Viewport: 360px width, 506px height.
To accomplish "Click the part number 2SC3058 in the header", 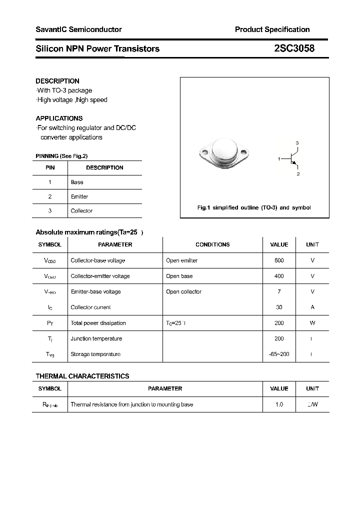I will point(294,48).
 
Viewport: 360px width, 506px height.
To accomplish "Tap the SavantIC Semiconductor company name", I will point(78,29).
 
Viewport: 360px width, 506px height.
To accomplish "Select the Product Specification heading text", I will point(272,29).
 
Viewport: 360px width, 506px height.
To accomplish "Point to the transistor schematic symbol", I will point(293,159).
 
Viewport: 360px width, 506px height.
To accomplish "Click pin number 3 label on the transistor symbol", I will point(297,143).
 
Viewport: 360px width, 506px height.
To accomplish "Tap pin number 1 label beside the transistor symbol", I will point(279,158).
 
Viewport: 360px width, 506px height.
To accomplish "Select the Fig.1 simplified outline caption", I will point(254,207).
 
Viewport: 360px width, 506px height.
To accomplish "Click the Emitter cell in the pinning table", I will point(79,196).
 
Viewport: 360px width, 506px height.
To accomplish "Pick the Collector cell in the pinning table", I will point(81,211).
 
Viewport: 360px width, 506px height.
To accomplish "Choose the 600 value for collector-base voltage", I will point(279,260).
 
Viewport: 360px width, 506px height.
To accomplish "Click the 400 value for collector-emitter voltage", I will point(279,276).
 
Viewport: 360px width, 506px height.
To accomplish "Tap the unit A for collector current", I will point(312,307).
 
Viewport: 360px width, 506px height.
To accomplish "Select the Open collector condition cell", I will point(183,291).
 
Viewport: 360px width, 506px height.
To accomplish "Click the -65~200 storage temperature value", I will point(279,354).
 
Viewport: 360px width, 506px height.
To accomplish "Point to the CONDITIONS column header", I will point(212,244).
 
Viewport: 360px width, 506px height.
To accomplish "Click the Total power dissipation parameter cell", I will point(98,323).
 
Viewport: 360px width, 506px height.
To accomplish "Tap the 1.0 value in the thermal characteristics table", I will point(279,404).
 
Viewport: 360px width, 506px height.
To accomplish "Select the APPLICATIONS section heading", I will point(59,118).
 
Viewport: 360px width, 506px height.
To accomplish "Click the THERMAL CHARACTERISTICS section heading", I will point(82,376).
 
